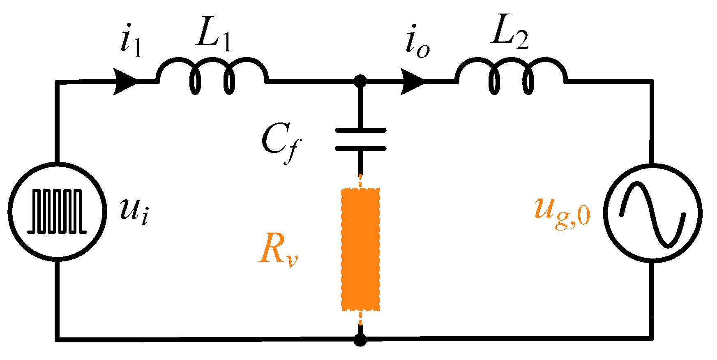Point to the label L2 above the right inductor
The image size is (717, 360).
pos(510,35)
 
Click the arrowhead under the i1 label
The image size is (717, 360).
pos(125,81)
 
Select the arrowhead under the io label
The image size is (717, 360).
pos(413,81)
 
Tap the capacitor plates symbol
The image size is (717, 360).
pos(361,139)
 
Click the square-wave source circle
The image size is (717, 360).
pos(58,212)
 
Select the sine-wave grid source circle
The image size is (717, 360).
pos(652,212)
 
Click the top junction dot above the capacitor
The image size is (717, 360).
pos(360,81)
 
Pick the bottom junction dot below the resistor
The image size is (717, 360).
pos(360,340)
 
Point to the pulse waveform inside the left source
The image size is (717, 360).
pos(58,212)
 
